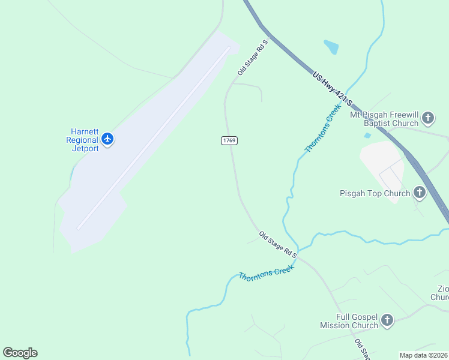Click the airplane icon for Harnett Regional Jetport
click(x=108, y=139)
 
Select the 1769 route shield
click(x=229, y=140)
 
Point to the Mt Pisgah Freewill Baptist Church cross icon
click(x=428, y=118)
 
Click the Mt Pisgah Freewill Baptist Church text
click(x=391, y=118)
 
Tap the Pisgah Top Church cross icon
click(x=420, y=193)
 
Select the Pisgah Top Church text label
click(x=375, y=193)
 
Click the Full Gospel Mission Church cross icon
click(x=387, y=320)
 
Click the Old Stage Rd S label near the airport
click(x=252, y=58)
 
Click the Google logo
click(x=20, y=353)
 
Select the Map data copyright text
click(x=423, y=355)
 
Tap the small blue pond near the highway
click(x=331, y=47)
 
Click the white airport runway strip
click(x=153, y=138)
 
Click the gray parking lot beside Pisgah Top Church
click(x=382, y=168)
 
